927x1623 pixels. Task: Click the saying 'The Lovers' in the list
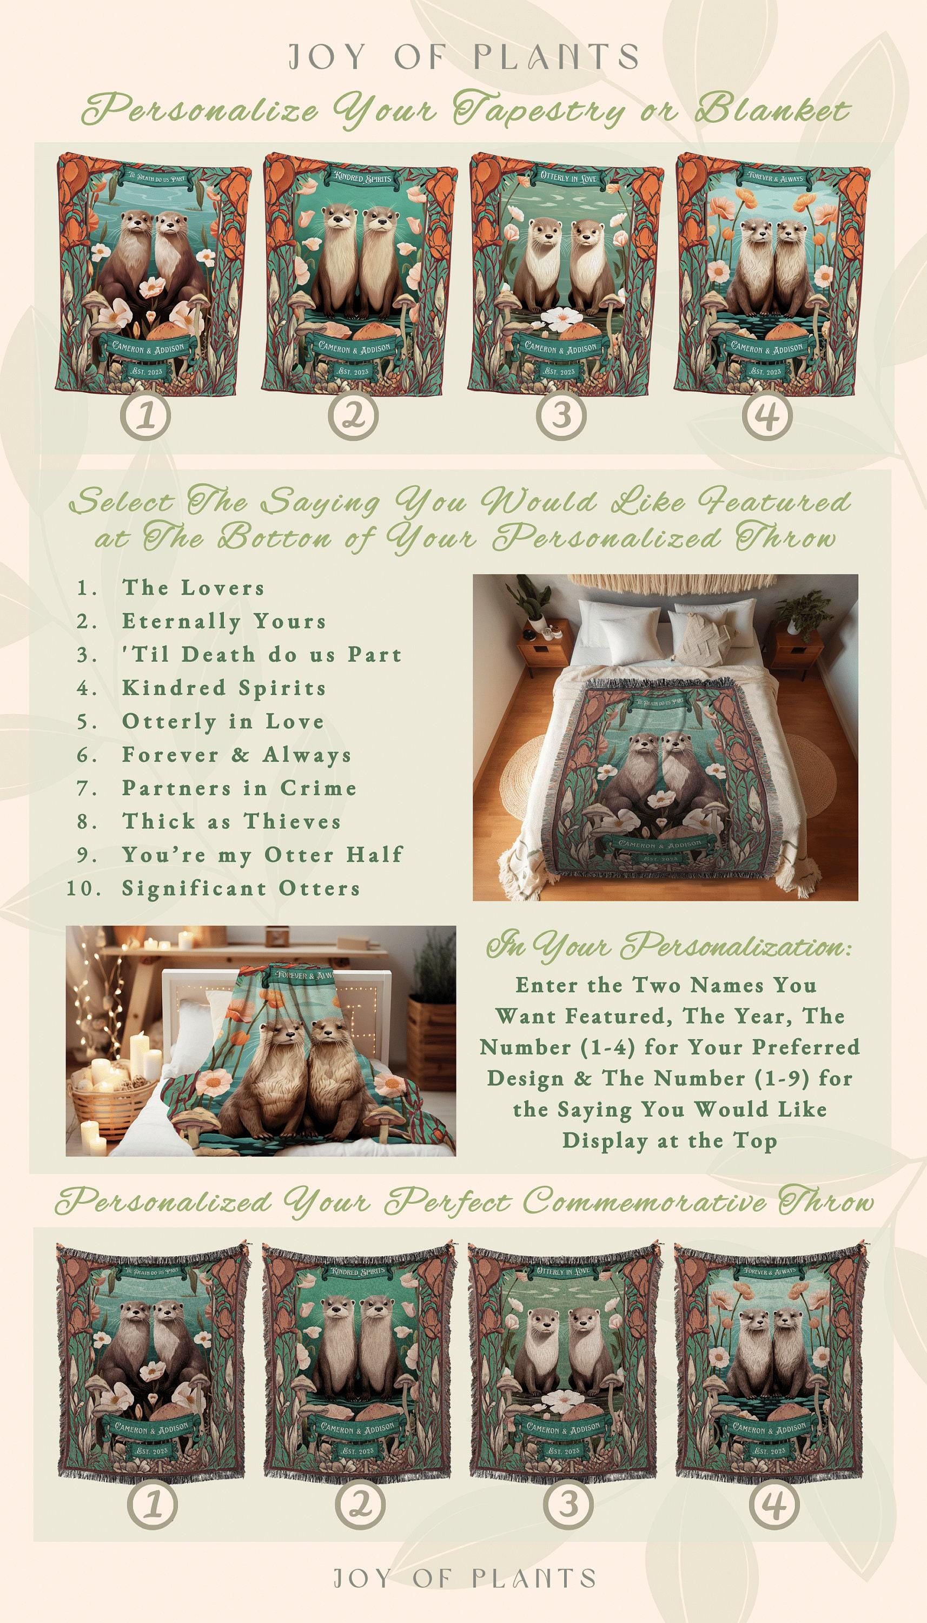coord(193,588)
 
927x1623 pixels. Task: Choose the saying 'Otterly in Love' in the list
coord(223,721)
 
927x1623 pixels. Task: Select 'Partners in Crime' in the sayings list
coord(240,788)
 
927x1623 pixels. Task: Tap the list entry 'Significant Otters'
coord(241,888)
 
